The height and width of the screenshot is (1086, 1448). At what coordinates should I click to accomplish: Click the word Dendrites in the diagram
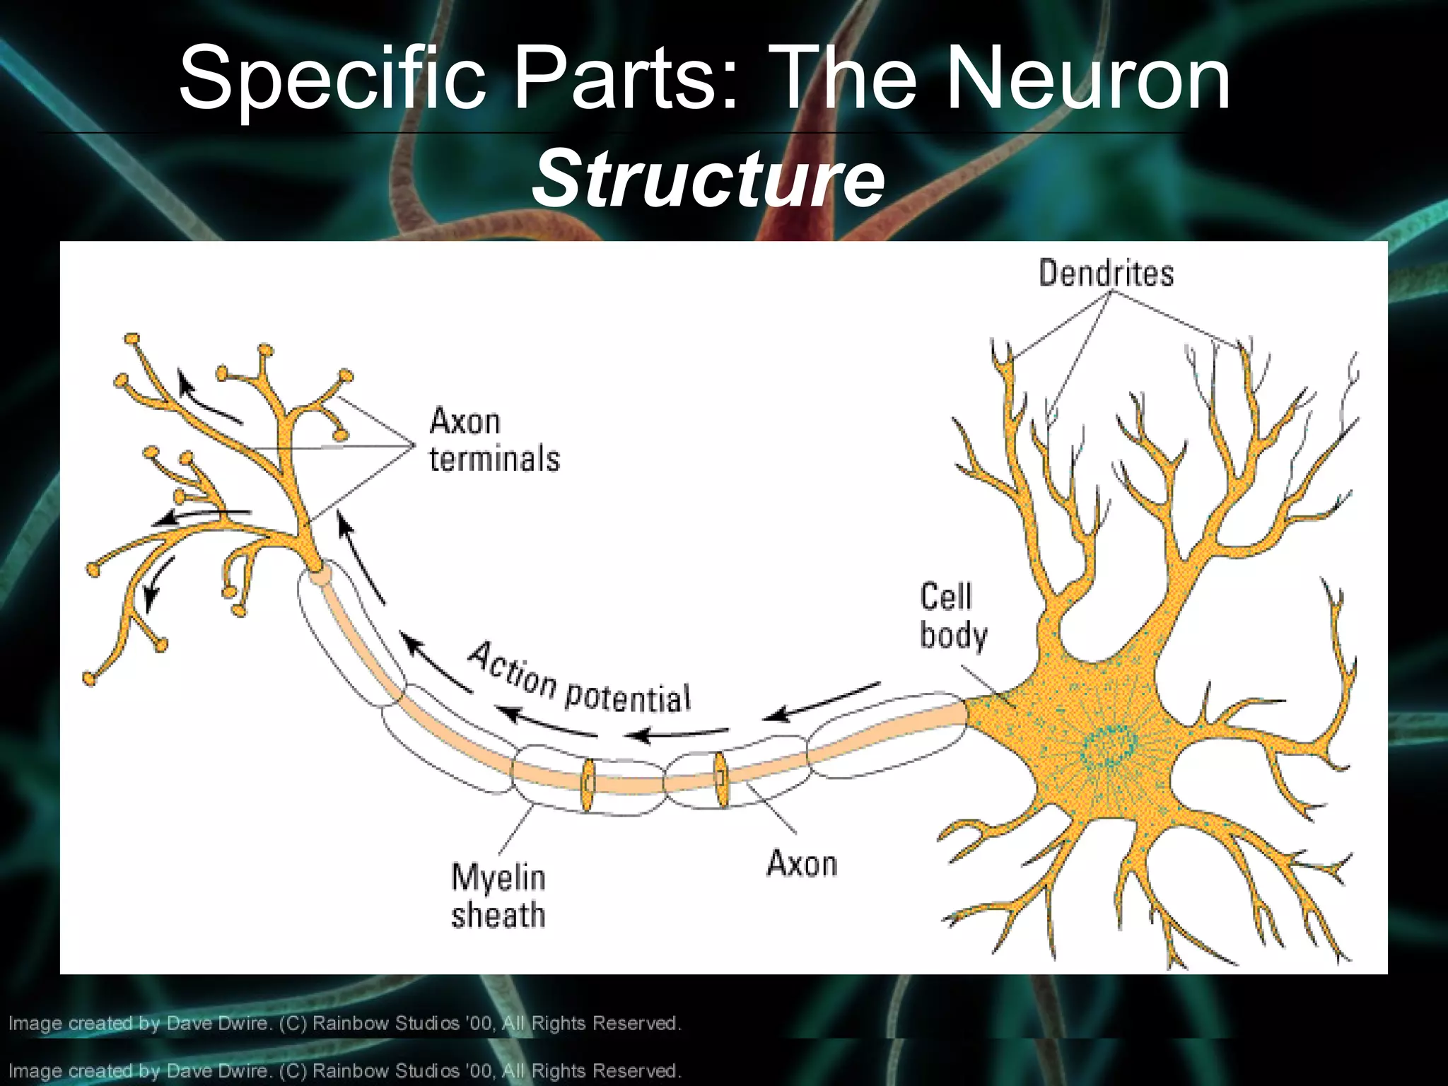coord(1106,274)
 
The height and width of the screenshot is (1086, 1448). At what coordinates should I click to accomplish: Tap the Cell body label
coord(952,616)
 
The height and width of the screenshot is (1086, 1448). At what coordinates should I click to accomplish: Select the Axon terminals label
coord(494,440)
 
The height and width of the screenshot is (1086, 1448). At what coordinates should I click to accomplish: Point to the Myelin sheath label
coord(498,896)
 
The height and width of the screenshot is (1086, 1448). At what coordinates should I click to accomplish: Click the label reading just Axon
coord(802,863)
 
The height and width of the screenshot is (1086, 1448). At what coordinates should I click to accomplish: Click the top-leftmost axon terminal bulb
coord(132,339)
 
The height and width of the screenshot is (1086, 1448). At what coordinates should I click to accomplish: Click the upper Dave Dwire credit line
coord(344,1023)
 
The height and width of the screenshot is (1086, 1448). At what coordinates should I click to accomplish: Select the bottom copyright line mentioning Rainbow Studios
coord(344,1070)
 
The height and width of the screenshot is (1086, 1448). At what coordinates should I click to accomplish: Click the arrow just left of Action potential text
coord(436,664)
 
